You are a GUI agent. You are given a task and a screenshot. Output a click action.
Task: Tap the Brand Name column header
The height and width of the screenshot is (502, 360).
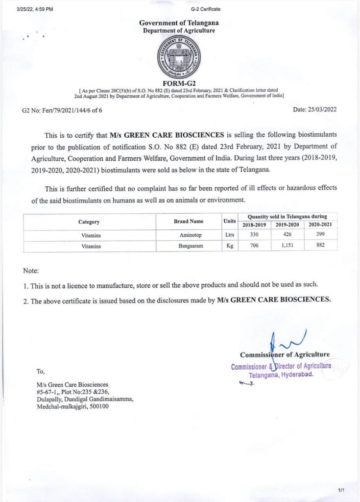[x=188, y=222]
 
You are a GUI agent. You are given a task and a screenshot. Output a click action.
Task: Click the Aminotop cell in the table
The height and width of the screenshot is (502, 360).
[x=188, y=236]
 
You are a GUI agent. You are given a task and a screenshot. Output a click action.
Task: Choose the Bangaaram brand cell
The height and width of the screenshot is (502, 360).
[x=188, y=246]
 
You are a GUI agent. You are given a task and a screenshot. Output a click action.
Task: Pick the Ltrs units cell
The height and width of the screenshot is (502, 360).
[x=229, y=235]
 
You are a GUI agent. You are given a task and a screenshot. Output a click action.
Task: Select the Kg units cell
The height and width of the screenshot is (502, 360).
[x=229, y=246]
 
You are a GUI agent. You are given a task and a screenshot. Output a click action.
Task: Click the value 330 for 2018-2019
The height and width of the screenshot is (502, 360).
[x=254, y=235]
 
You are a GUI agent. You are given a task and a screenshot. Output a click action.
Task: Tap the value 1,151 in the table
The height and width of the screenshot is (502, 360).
[x=287, y=245]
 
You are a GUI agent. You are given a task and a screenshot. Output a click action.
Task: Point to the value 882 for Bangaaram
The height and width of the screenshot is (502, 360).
[x=320, y=245]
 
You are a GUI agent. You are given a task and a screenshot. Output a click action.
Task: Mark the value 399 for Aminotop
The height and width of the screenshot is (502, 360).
[x=320, y=235]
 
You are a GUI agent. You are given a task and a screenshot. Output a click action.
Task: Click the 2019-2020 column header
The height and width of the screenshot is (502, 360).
[x=287, y=225]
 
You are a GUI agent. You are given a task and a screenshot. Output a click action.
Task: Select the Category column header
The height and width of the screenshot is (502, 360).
[x=89, y=222]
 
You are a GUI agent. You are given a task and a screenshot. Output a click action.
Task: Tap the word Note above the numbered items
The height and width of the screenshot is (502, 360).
[x=31, y=271]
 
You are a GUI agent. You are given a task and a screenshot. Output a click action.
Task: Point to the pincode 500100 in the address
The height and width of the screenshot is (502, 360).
[x=99, y=406]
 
